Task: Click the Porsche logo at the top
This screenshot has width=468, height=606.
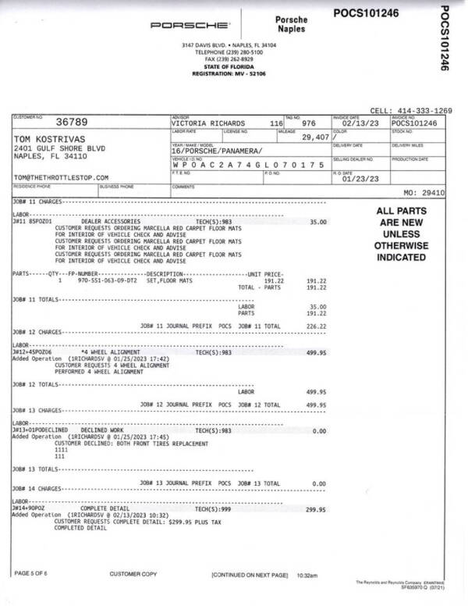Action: tap(190, 25)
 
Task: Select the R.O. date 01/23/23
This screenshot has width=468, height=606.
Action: tap(360, 178)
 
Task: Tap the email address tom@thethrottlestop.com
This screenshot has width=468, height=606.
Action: tap(61, 178)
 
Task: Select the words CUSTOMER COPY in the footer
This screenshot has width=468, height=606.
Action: tap(133, 574)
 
